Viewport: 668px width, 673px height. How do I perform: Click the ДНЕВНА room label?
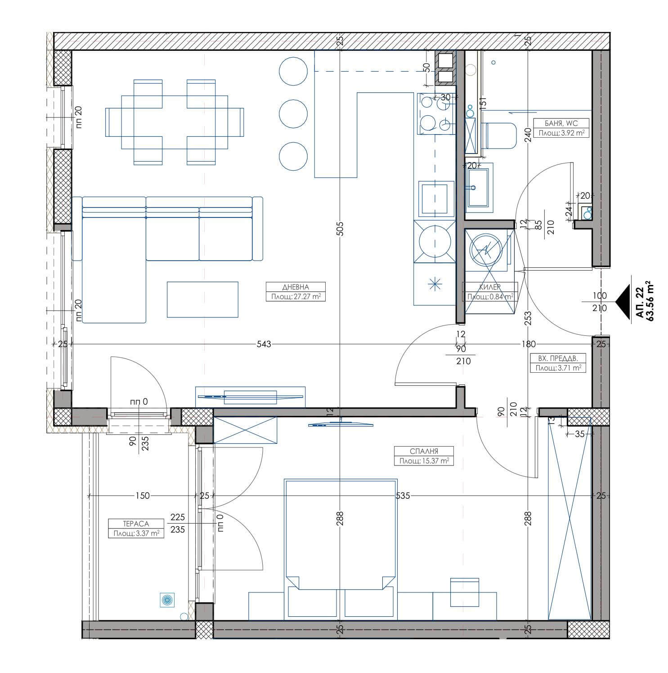point(296,287)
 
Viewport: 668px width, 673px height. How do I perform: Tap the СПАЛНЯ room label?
point(423,451)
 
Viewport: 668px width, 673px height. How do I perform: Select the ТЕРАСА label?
point(135,524)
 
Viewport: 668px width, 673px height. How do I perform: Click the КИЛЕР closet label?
point(490,287)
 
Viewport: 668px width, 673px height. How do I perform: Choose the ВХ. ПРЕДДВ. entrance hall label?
point(557,359)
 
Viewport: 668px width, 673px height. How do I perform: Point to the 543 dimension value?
point(264,344)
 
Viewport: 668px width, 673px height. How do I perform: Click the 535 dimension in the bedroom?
point(403,496)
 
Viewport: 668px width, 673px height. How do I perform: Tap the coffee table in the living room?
point(202,299)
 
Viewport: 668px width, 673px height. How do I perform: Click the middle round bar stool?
point(293,113)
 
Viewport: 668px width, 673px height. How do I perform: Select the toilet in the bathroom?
point(500,136)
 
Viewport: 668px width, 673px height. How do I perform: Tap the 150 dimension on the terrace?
point(142,496)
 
